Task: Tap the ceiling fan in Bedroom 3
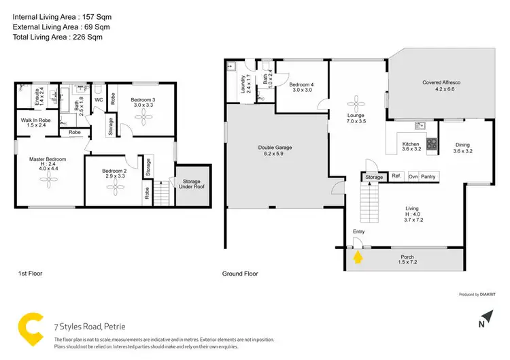tap(143, 116)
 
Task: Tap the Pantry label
tap(428, 177)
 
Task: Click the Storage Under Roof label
tap(190, 184)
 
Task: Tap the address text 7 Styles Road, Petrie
tap(90, 325)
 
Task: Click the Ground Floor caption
tap(240, 274)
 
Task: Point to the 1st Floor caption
tap(30, 274)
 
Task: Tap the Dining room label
tap(462, 148)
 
